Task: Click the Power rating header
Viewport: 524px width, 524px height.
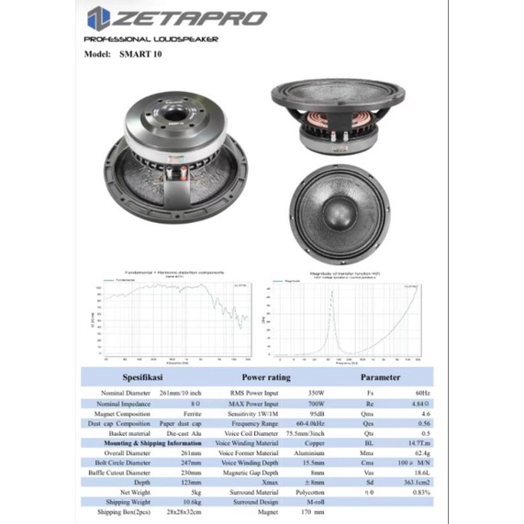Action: click(x=265, y=375)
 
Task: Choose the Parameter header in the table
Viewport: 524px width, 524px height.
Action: click(x=380, y=375)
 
